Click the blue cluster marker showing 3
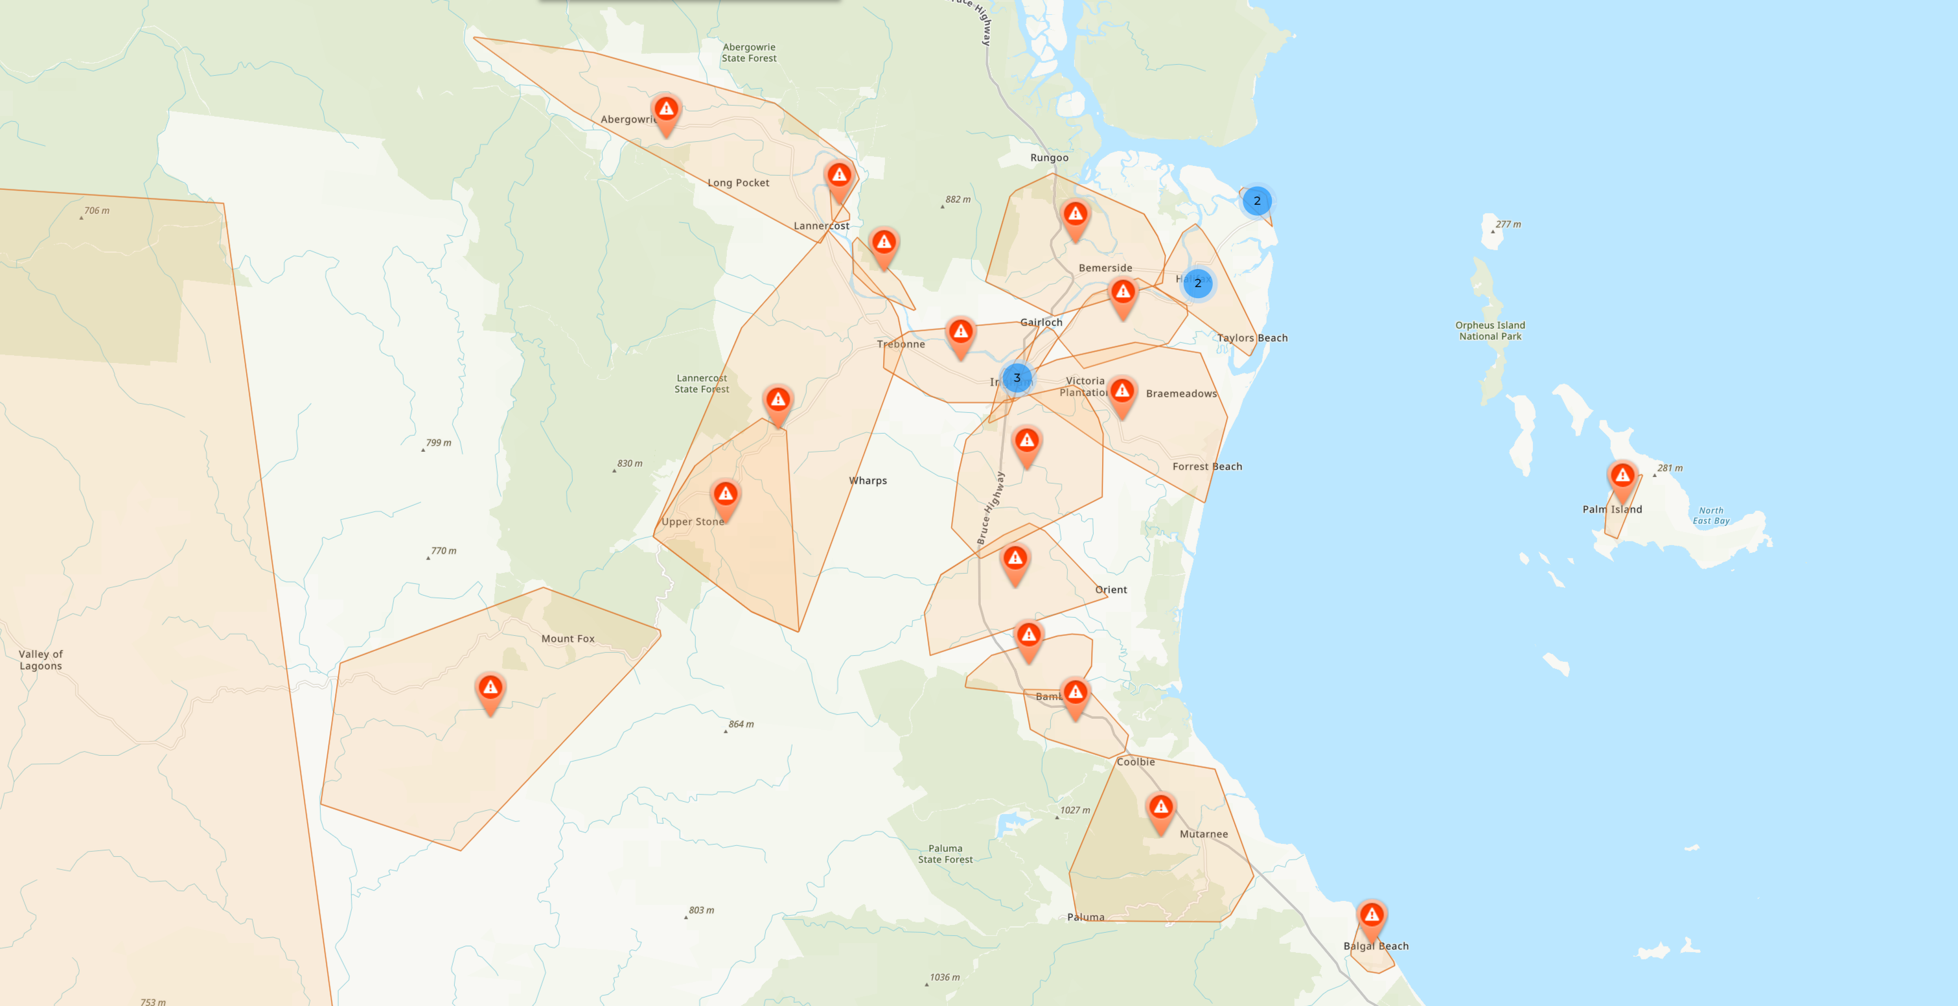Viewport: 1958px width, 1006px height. [1016, 378]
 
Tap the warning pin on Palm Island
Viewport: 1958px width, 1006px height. [1622, 477]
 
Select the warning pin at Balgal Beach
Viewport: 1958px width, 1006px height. [1371, 915]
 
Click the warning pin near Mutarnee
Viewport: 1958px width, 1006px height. [1160, 808]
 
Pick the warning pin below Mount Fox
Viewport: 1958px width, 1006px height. [490, 689]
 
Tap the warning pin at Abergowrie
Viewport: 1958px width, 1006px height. [666, 110]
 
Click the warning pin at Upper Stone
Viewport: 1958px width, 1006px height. [725, 495]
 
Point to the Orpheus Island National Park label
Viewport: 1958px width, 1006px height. [1490, 331]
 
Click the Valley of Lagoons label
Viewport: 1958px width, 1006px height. [41, 660]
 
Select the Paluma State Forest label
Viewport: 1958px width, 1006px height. [945, 854]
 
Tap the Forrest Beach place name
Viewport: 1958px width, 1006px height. [1207, 467]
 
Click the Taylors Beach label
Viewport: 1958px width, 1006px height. [1252, 338]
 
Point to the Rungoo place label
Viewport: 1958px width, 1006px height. [1049, 158]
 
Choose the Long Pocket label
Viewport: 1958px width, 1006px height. [738, 183]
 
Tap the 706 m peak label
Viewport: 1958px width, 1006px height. [97, 211]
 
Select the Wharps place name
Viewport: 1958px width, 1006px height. [868, 480]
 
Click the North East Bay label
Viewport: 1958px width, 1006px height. [1711, 515]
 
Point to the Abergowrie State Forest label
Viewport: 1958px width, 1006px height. [749, 53]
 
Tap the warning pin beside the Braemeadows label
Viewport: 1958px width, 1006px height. [1122, 392]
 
